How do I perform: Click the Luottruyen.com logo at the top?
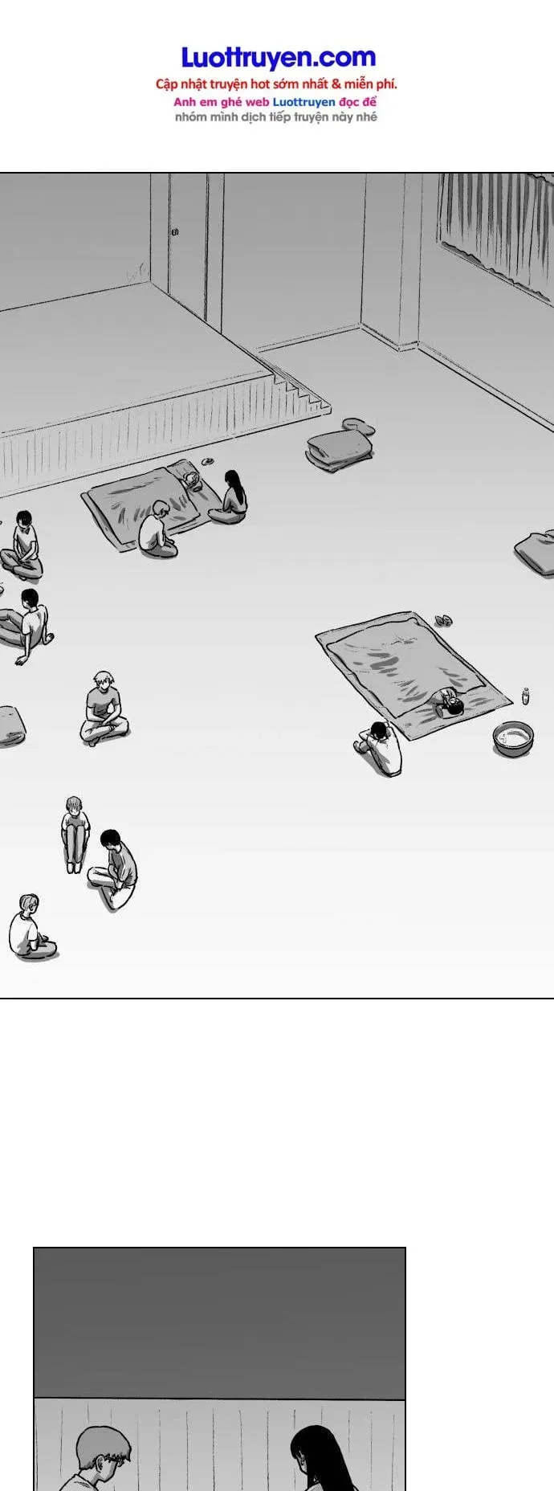[x=278, y=57]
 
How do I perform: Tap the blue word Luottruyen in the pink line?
[x=303, y=102]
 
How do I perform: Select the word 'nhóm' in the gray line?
[x=189, y=117]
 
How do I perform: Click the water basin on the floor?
[x=513, y=738]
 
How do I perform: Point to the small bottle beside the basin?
[x=526, y=696]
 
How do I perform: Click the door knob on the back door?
[x=174, y=232]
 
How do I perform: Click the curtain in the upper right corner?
[x=495, y=228]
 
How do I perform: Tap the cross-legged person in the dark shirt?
[x=104, y=709]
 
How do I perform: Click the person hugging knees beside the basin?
[x=379, y=748]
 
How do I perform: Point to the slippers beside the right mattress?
[x=442, y=620]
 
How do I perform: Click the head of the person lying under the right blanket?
[x=452, y=705]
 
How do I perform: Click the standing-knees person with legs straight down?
[x=75, y=834]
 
